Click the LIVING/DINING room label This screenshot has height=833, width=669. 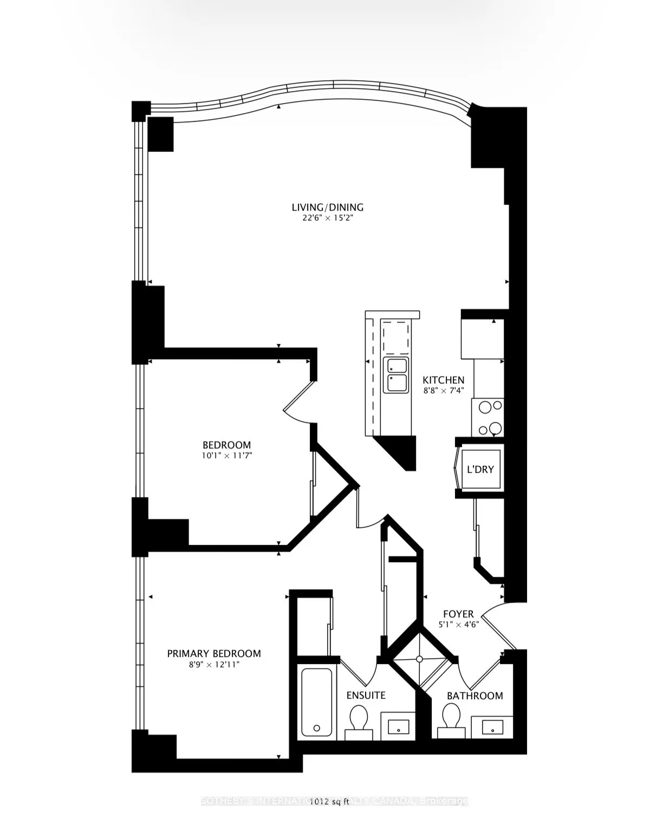(327, 207)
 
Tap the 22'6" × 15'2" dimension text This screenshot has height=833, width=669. (327, 218)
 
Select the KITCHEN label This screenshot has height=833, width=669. (443, 380)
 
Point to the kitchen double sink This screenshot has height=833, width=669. (396, 374)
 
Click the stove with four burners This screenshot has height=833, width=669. (488, 417)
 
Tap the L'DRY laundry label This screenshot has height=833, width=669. (480, 469)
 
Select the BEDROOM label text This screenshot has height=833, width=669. (226, 445)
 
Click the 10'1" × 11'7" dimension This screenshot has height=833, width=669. (226, 456)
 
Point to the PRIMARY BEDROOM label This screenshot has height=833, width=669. (213, 653)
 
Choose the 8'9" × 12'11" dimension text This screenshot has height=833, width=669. (213, 665)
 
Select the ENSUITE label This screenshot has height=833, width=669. (366, 695)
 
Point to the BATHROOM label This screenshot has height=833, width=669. (475, 695)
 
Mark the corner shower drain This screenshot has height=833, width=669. (419, 659)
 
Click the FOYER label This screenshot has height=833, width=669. (458, 614)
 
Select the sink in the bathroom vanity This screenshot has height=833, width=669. (492, 726)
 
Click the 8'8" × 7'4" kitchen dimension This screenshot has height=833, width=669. (443, 391)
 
